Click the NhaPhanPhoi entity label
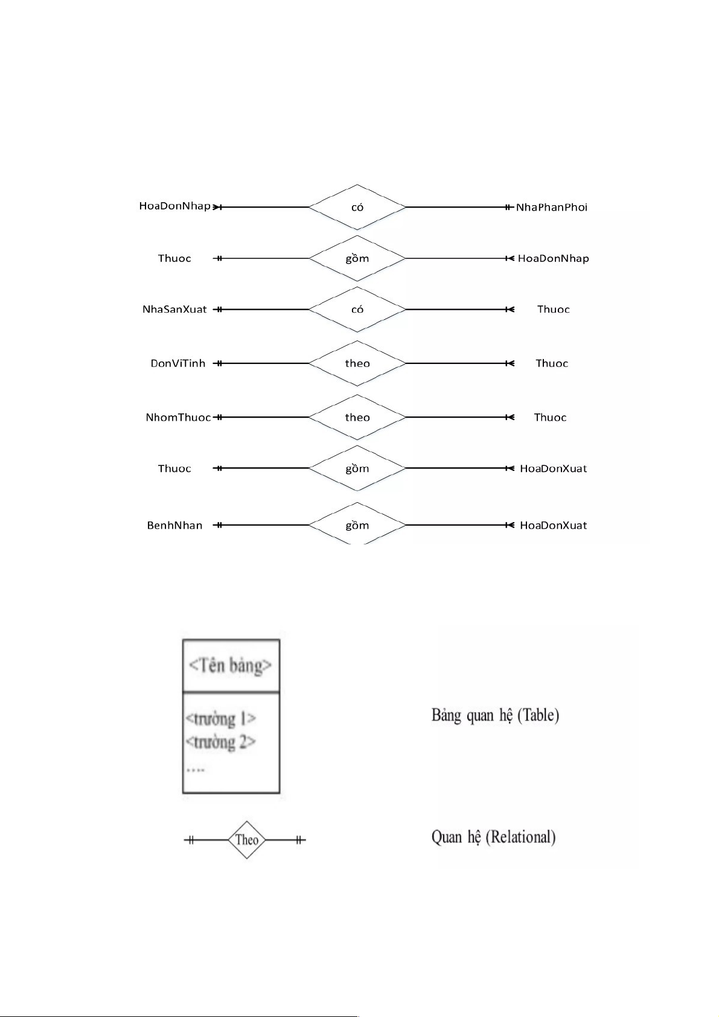(x=551, y=207)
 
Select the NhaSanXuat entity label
(x=174, y=309)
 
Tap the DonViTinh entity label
(x=177, y=363)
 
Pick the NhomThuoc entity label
(x=178, y=417)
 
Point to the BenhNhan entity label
(x=174, y=525)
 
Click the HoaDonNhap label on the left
(x=174, y=206)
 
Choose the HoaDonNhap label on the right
(x=553, y=258)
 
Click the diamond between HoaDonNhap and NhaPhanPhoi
(x=357, y=207)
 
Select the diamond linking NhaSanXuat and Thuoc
(x=357, y=309)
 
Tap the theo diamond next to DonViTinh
(x=357, y=363)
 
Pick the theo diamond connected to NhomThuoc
(x=357, y=417)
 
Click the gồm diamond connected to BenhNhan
(x=357, y=524)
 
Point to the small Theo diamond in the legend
(x=247, y=840)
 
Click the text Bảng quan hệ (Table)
(x=495, y=715)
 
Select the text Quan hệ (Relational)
(x=493, y=837)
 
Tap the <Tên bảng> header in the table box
(x=230, y=666)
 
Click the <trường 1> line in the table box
(x=221, y=718)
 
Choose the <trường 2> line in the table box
(x=221, y=741)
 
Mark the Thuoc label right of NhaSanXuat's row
(x=553, y=309)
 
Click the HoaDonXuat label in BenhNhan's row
(x=553, y=525)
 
